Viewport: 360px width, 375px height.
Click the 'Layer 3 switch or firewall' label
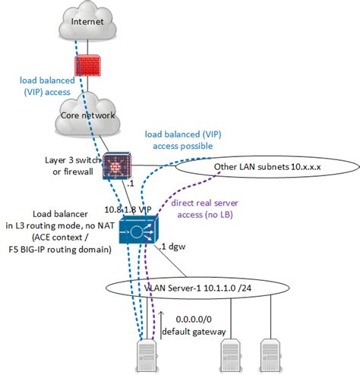pos(69,165)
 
